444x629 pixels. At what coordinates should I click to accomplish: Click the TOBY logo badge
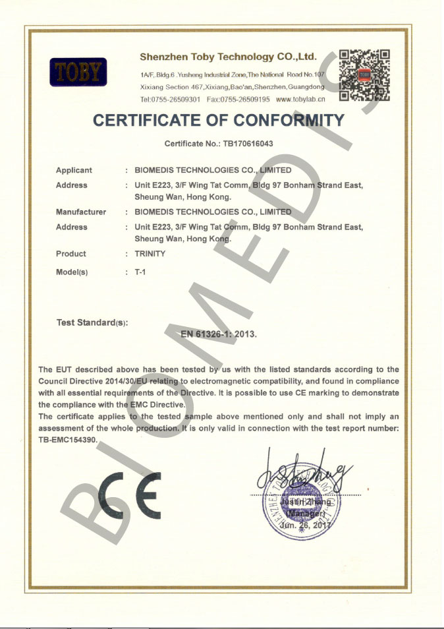pos(78,72)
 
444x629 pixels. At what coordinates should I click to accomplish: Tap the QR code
pos(364,75)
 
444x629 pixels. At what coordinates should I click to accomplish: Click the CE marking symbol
pos(128,495)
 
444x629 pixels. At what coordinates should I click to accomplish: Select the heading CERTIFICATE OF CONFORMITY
pos(219,121)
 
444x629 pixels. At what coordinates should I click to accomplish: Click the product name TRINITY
pos(150,254)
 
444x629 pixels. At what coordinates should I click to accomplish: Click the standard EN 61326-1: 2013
pos(219,334)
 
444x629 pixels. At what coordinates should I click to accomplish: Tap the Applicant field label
pos(74,171)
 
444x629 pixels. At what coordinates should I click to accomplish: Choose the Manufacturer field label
pos(80,212)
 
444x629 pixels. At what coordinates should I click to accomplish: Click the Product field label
pos(70,254)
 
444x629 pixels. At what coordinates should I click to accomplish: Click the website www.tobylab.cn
pos(300,99)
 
